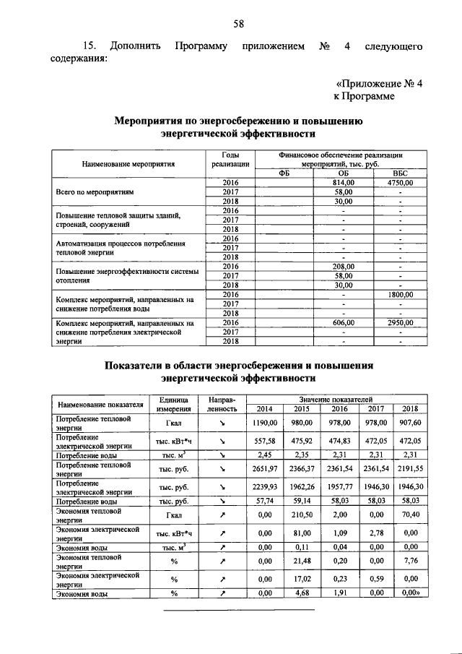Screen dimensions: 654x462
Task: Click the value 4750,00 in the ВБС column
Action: click(x=398, y=183)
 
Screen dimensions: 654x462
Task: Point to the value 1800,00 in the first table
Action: click(x=398, y=295)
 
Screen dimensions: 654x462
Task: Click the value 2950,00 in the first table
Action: click(x=398, y=323)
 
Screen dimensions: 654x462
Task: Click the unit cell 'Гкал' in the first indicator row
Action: click(x=173, y=423)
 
